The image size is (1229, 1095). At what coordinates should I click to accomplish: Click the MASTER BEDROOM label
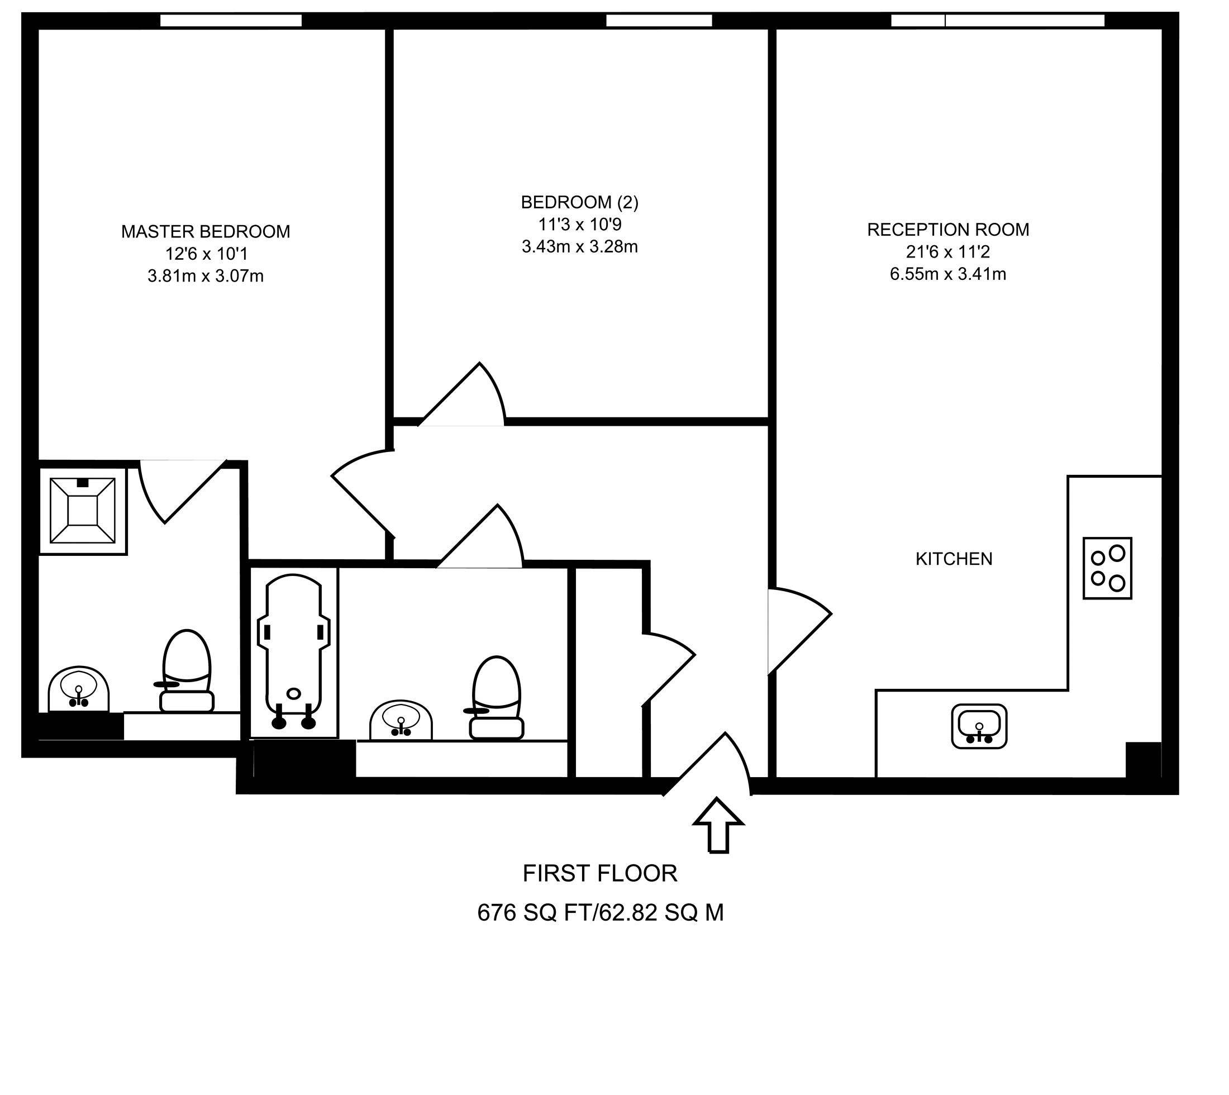pos(206,232)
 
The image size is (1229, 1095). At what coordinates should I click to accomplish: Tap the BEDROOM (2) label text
pos(579,202)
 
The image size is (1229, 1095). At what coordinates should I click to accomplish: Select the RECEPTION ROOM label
pos(947,229)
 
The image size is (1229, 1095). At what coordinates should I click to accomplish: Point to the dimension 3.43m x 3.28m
pos(579,247)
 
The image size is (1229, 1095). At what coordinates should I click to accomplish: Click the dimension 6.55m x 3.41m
pos(947,274)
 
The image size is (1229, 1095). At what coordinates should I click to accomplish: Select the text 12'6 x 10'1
pos(206,254)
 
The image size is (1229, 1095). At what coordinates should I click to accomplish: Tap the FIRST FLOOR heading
pos(600,873)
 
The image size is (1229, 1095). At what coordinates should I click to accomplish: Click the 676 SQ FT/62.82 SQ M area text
pos(600,913)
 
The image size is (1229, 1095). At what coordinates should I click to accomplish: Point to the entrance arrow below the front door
pos(718,826)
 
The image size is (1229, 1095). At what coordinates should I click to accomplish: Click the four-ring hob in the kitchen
pos(1107,569)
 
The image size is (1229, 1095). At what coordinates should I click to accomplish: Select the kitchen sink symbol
pos(979,726)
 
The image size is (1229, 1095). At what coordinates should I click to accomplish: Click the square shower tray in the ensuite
pos(83,510)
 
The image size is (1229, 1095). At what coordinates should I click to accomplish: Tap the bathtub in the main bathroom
pos(294,653)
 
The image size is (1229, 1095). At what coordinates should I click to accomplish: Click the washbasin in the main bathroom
pos(401,721)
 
